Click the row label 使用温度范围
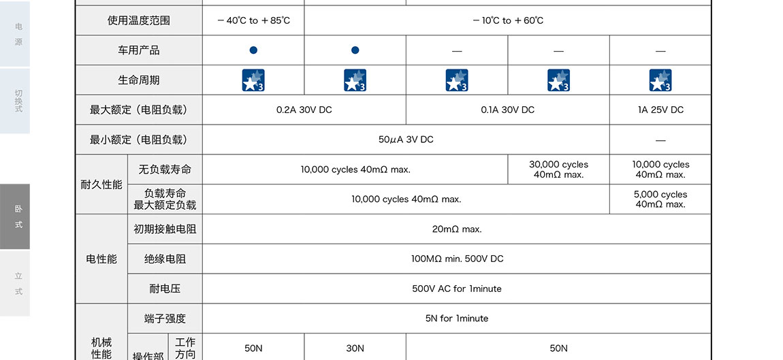point(138,20)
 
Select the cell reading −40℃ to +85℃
point(253,20)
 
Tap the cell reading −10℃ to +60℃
point(507,20)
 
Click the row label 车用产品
point(138,50)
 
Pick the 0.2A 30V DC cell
point(304,110)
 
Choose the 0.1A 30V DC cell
point(507,110)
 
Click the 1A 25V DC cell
point(660,110)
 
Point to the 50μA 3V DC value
point(406,140)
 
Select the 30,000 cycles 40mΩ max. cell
point(558,169)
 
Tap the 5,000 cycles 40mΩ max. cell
point(660,199)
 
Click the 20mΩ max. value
point(456,229)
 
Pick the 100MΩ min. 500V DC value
point(456,259)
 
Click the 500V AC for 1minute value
point(456,289)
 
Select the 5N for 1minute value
point(456,318)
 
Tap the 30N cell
point(355,348)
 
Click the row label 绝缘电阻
point(165,259)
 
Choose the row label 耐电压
point(165,289)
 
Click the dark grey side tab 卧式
point(15,216)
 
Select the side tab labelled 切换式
point(15,101)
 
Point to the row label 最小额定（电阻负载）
point(138,140)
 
